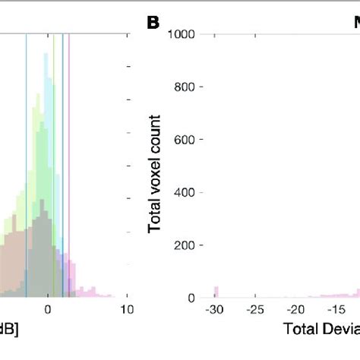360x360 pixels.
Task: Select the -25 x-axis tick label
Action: (256, 310)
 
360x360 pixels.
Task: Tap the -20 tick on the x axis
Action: (296, 310)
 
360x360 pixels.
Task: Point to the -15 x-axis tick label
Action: (336, 310)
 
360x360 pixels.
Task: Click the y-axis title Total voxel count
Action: (155, 173)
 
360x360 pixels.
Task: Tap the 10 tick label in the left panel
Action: (128, 310)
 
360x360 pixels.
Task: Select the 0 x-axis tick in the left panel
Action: (48, 310)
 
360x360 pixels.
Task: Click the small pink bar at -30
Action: (216, 292)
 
